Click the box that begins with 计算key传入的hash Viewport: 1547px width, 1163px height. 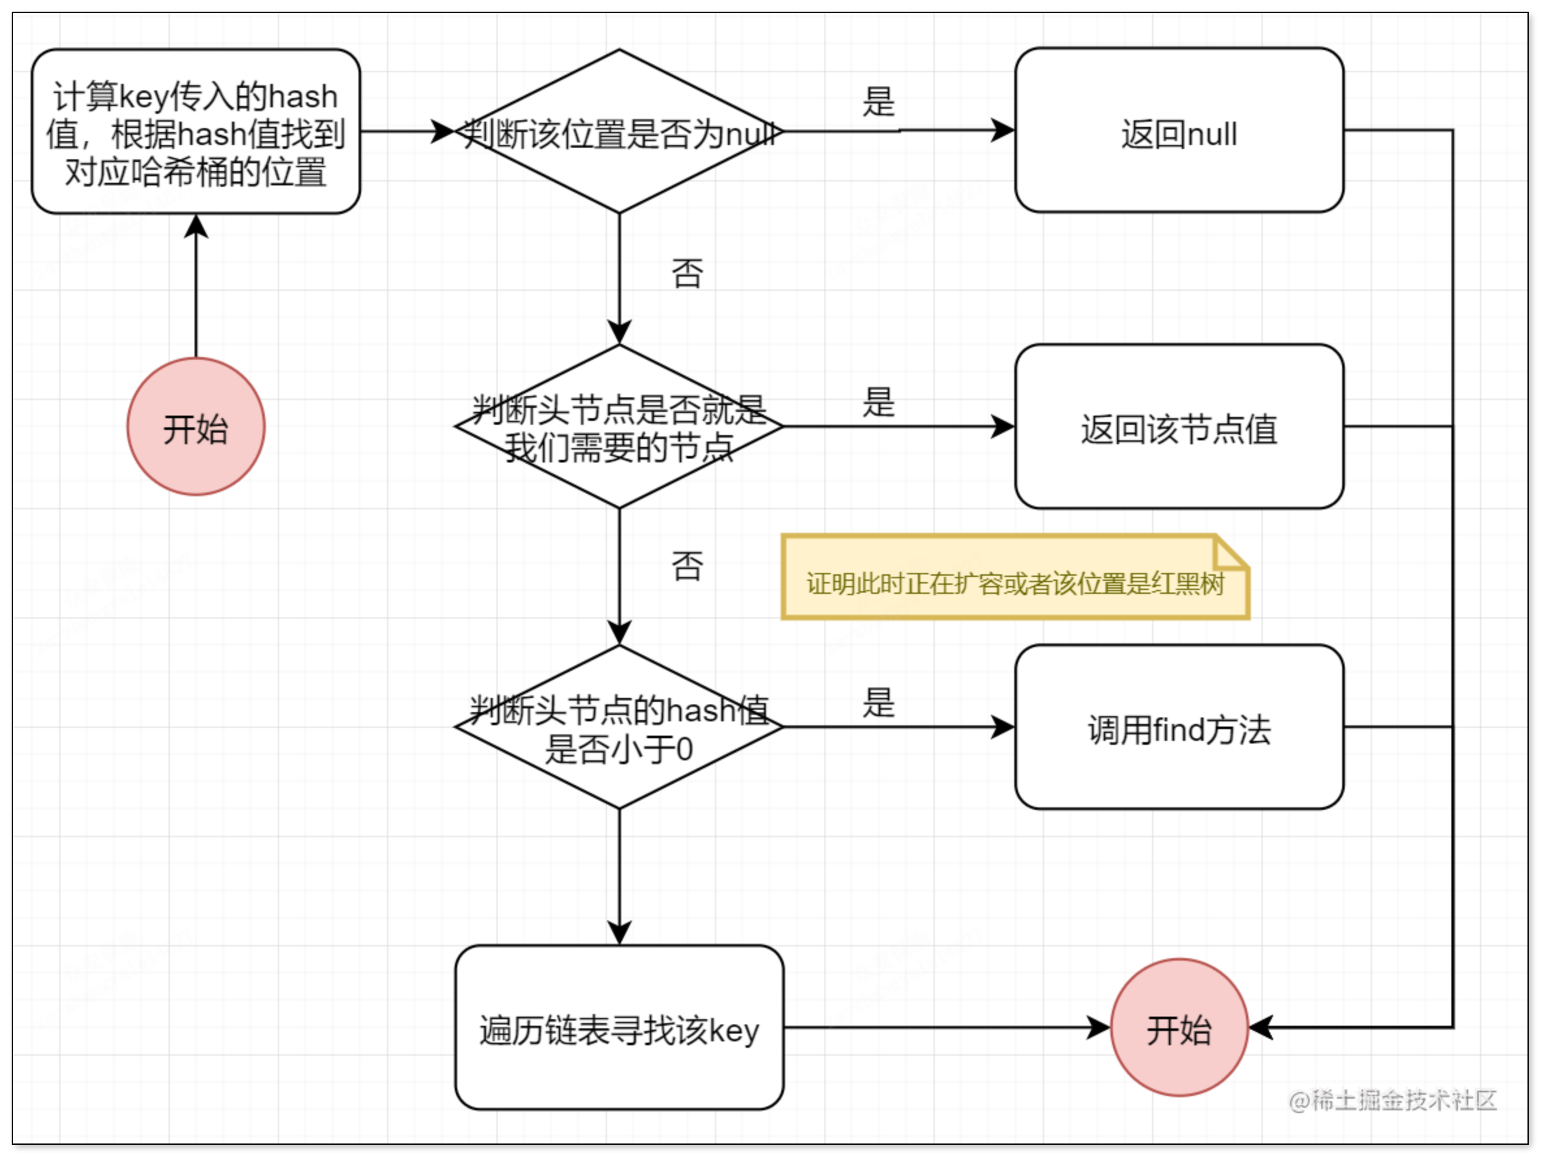(x=196, y=131)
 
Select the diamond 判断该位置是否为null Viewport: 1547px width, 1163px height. (x=619, y=131)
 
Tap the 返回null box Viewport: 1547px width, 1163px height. (x=1179, y=131)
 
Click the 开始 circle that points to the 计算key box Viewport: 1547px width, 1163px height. (x=196, y=427)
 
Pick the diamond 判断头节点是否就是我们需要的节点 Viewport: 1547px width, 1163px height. (x=619, y=427)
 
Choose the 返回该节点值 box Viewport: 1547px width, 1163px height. (x=1179, y=427)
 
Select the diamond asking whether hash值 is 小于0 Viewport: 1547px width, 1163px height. (x=619, y=727)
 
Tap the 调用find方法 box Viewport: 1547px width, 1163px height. (x=1179, y=727)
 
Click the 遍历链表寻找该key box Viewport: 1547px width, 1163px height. (x=619, y=1028)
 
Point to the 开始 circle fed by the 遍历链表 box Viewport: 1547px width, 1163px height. (x=1179, y=1028)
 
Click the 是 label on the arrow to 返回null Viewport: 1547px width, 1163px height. (x=878, y=102)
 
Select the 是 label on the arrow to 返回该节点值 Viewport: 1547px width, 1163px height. (x=878, y=403)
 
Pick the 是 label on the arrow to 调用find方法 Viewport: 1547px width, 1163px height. (x=878, y=703)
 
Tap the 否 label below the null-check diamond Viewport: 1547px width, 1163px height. (x=687, y=273)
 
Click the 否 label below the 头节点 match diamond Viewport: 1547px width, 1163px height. (x=687, y=565)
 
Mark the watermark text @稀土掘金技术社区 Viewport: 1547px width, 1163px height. (x=1392, y=1100)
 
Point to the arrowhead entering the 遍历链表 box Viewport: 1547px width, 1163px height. (x=619, y=933)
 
